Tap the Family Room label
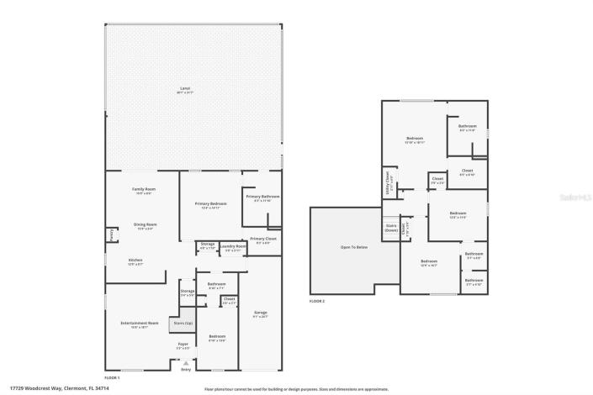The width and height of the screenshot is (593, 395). (x=143, y=190)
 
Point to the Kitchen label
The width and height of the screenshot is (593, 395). (x=135, y=261)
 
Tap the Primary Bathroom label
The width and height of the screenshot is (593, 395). (x=262, y=197)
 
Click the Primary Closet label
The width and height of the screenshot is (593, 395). (x=263, y=240)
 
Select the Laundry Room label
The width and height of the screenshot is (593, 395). (x=236, y=247)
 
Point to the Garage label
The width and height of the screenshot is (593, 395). (x=260, y=313)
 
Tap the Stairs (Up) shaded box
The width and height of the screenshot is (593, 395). (x=182, y=324)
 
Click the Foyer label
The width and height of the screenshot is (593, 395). (x=183, y=344)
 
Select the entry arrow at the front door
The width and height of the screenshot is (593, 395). (x=186, y=363)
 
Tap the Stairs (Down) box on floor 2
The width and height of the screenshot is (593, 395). (x=391, y=227)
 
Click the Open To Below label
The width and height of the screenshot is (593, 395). (x=352, y=248)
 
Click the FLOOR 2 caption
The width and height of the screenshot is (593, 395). (x=316, y=300)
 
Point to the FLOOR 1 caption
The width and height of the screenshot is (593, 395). (x=112, y=377)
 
